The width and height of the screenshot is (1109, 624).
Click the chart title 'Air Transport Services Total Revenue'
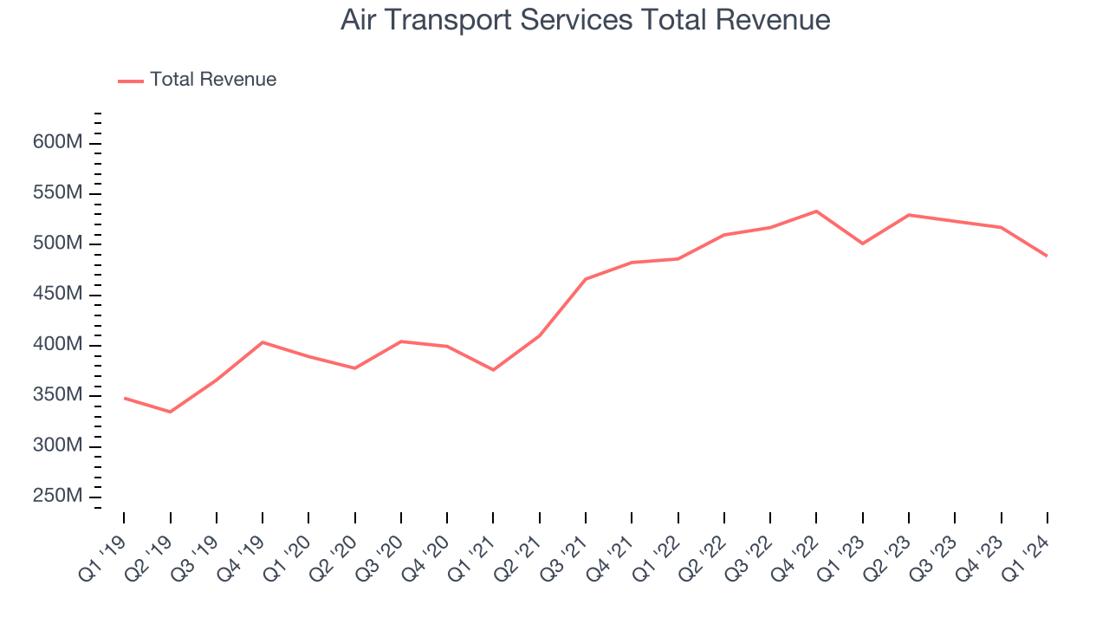click(x=585, y=20)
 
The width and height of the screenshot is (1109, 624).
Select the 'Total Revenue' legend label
click(x=213, y=80)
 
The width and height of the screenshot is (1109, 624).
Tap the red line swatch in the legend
click(x=131, y=81)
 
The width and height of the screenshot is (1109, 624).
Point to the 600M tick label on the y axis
click(x=57, y=142)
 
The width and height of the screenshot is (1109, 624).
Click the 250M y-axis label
click(x=57, y=497)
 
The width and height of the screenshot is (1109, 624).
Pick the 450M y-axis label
click(x=57, y=295)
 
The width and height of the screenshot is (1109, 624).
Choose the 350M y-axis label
click(x=57, y=395)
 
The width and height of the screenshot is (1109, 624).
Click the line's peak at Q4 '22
click(x=816, y=211)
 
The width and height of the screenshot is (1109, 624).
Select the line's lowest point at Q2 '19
click(x=170, y=412)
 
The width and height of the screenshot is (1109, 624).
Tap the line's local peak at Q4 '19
click(x=263, y=342)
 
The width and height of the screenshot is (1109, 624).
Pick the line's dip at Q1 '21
click(x=493, y=370)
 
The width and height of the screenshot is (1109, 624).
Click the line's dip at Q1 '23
click(x=862, y=244)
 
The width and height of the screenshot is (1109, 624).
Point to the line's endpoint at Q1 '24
click(x=1047, y=256)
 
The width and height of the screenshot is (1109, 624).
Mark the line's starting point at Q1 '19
click(x=124, y=398)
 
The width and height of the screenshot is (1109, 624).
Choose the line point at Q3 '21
click(x=586, y=279)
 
